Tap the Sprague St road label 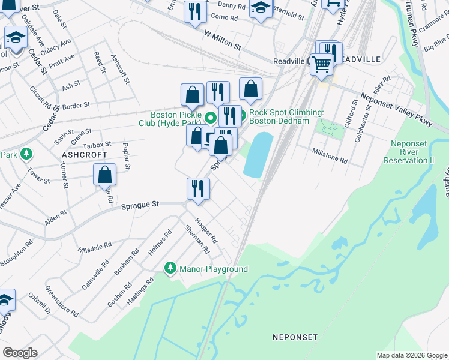pyautogui.click(x=140, y=205)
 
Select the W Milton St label pyautogui.click(x=222, y=41)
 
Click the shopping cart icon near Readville pyautogui.click(x=322, y=63)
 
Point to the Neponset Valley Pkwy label pyautogui.click(x=397, y=109)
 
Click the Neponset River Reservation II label pyautogui.click(x=412, y=152)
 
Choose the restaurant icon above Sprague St pyautogui.click(x=197, y=188)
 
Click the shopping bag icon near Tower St pyautogui.click(x=104, y=175)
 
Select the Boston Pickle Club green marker pyautogui.click(x=210, y=117)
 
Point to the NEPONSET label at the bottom pyautogui.click(x=294, y=337)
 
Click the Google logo pyautogui.click(x=20, y=352)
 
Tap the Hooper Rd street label pyautogui.click(x=206, y=228)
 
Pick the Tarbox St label pyautogui.click(x=97, y=145)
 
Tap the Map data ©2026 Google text pyautogui.click(x=411, y=355)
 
